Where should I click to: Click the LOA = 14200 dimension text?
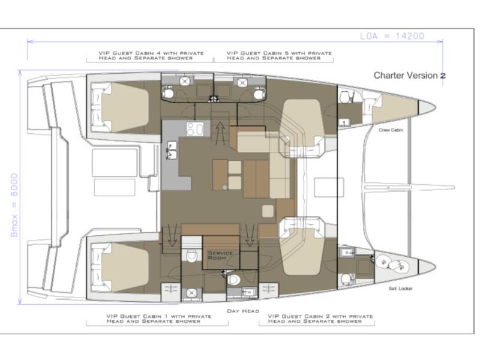pyautogui.click(x=392, y=36)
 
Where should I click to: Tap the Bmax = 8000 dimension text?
pyautogui.click(x=14, y=205)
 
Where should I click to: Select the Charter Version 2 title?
pyautogui.click(x=410, y=76)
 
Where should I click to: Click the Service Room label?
pyautogui.click(x=220, y=256)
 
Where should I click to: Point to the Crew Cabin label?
pyautogui.click(x=391, y=130)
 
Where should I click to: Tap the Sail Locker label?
pyautogui.click(x=400, y=289)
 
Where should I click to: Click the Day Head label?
pyautogui.click(x=243, y=311)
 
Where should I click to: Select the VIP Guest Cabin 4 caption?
pyautogui.click(x=151, y=55)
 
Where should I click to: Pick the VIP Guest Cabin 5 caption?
pyautogui.click(x=279, y=55)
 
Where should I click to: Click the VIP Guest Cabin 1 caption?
pyautogui.click(x=159, y=319)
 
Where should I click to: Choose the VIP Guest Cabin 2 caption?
pyautogui.click(x=320, y=319)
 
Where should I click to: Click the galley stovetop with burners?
pyautogui.click(x=195, y=128)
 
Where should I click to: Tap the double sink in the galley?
pyautogui.click(x=172, y=151)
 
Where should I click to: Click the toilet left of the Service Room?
pyautogui.click(x=191, y=256)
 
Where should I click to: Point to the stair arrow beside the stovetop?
pyautogui.click(x=220, y=133)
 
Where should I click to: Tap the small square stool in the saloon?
pyautogui.click(x=268, y=211)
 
